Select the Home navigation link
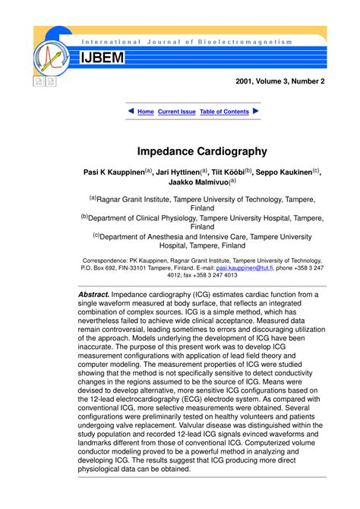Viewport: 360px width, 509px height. tap(145, 112)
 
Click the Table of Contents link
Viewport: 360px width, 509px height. tap(224, 112)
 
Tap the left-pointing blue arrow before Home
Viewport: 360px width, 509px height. tap(131, 112)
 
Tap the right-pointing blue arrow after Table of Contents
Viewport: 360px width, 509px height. tap(256, 112)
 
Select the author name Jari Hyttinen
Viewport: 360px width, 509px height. tap(184, 172)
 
